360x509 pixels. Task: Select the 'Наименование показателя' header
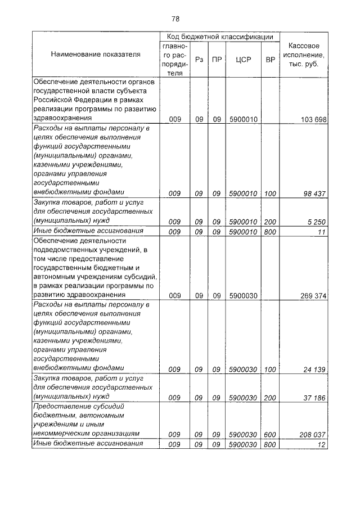(x=96, y=55)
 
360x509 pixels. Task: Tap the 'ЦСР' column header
(x=244, y=58)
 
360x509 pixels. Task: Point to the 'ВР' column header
(x=270, y=58)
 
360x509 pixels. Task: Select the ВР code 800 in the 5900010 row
(x=270, y=231)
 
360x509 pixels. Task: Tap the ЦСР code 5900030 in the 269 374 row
(x=244, y=295)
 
